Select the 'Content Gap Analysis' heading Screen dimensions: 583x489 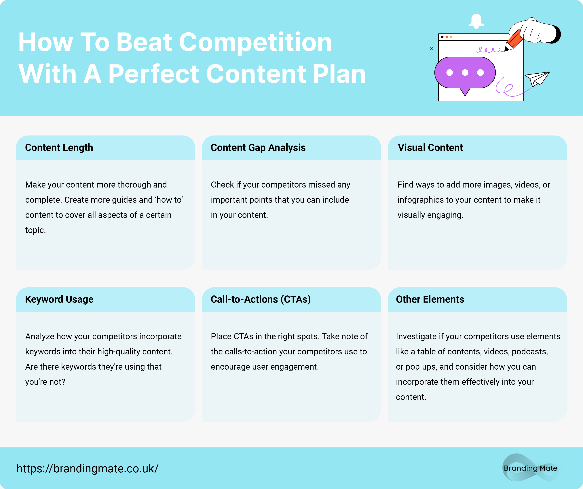click(258, 148)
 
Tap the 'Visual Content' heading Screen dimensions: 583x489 click(430, 148)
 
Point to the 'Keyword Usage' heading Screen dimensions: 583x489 click(59, 299)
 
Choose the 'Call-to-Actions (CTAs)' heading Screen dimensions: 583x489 click(261, 299)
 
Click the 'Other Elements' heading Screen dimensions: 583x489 click(430, 299)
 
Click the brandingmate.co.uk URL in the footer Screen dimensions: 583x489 click(88, 469)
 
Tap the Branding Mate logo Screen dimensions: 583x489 click(531, 468)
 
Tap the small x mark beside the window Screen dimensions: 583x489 click(431, 49)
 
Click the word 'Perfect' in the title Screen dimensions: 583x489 click(153, 74)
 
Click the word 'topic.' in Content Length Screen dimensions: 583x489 click(35, 230)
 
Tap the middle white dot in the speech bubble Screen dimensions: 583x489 click(465, 73)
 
